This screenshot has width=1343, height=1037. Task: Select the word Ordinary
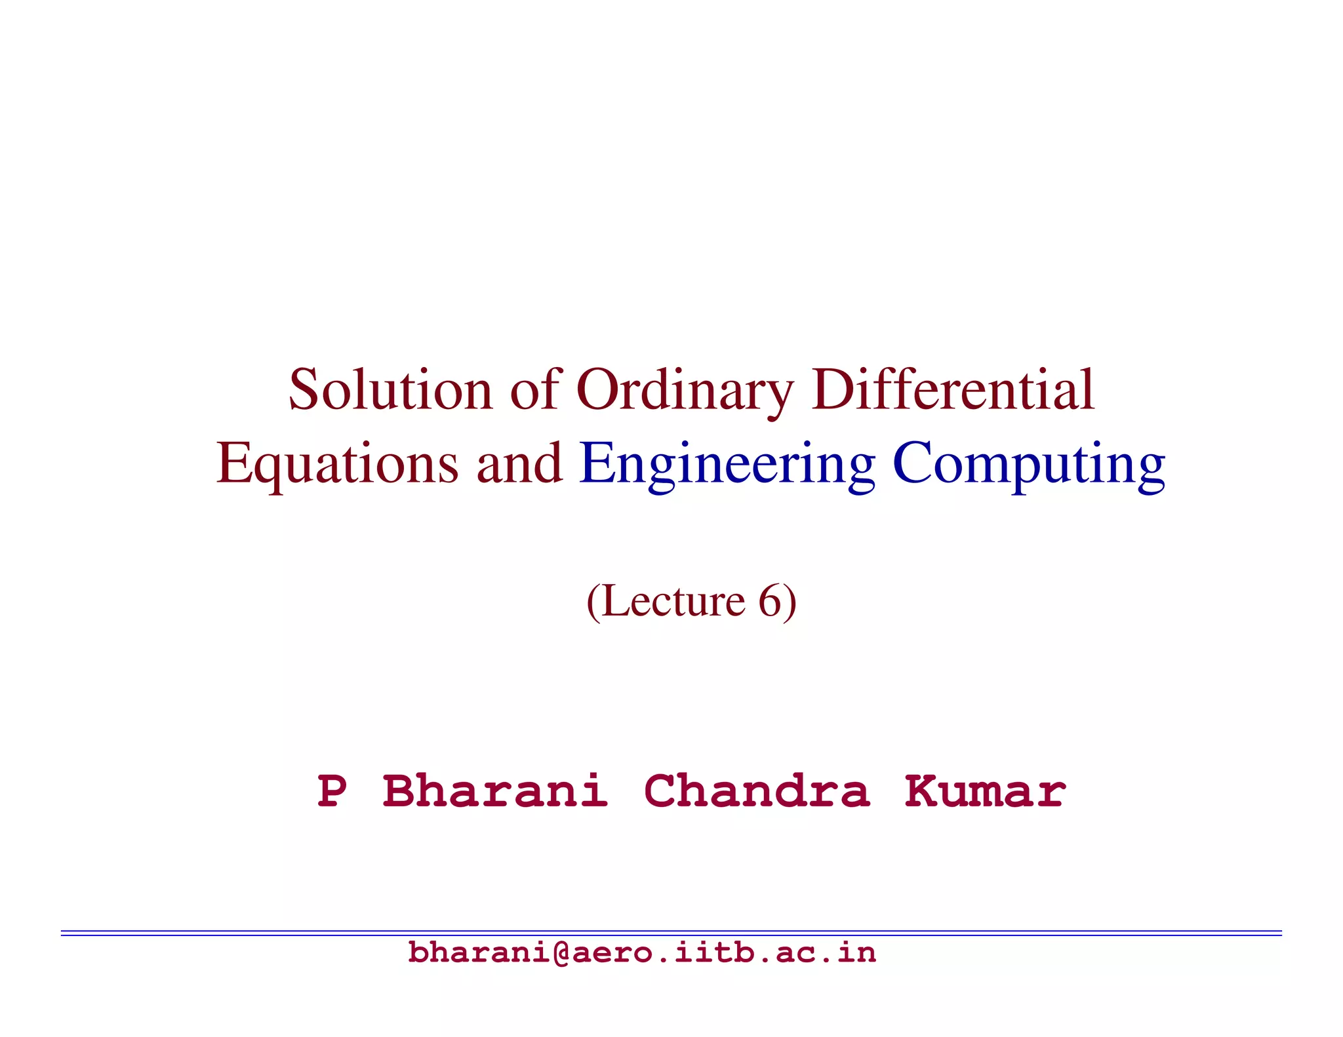point(685,391)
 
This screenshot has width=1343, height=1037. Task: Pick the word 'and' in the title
point(519,463)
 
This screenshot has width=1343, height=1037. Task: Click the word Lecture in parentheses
point(673,600)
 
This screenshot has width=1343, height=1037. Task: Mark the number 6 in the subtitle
point(769,600)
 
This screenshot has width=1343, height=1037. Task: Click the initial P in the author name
point(332,791)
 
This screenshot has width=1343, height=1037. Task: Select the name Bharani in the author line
point(494,791)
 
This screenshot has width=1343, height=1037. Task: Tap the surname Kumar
point(984,791)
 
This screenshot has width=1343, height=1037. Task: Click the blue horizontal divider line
point(671,932)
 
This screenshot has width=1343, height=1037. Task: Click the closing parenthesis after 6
point(790,602)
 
